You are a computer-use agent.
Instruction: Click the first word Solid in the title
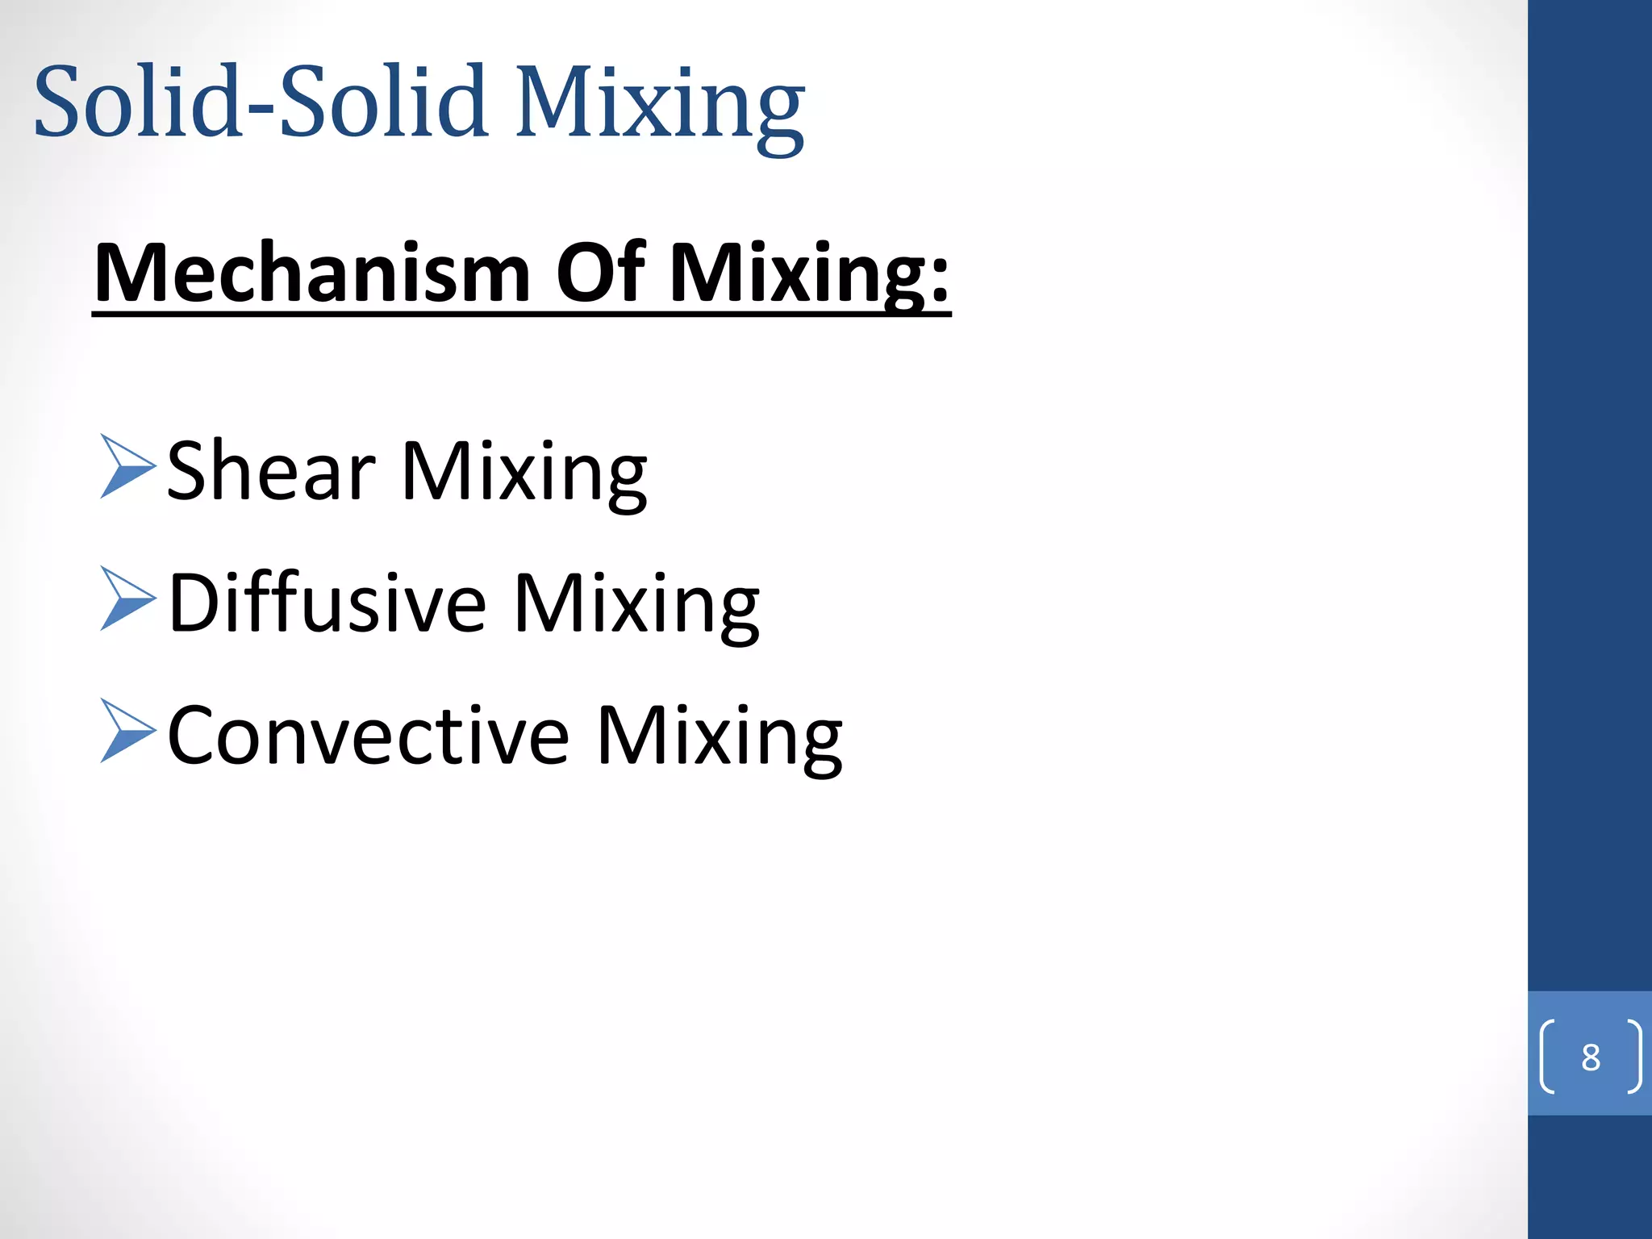(138, 102)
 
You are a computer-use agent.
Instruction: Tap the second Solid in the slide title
(383, 102)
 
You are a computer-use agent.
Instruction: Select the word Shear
(271, 471)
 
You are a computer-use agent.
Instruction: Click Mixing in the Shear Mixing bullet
(524, 474)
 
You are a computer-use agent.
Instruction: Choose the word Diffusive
(327, 603)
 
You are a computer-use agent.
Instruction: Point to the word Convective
(369, 735)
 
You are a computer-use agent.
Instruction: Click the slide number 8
(1590, 1057)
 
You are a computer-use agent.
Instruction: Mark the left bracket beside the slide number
(1547, 1057)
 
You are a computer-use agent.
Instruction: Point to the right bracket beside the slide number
(1633, 1057)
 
